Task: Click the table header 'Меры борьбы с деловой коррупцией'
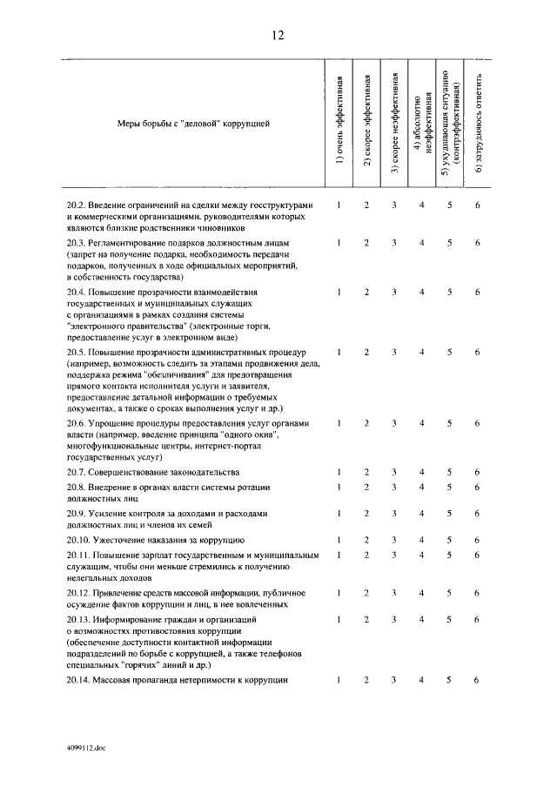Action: pyautogui.click(x=193, y=124)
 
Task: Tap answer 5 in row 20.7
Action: pyautogui.click(x=450, y=471)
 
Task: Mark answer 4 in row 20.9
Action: pyautogui.click(x=422, y=514)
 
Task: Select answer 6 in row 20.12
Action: pyautogui.click(x=478, y=592)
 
